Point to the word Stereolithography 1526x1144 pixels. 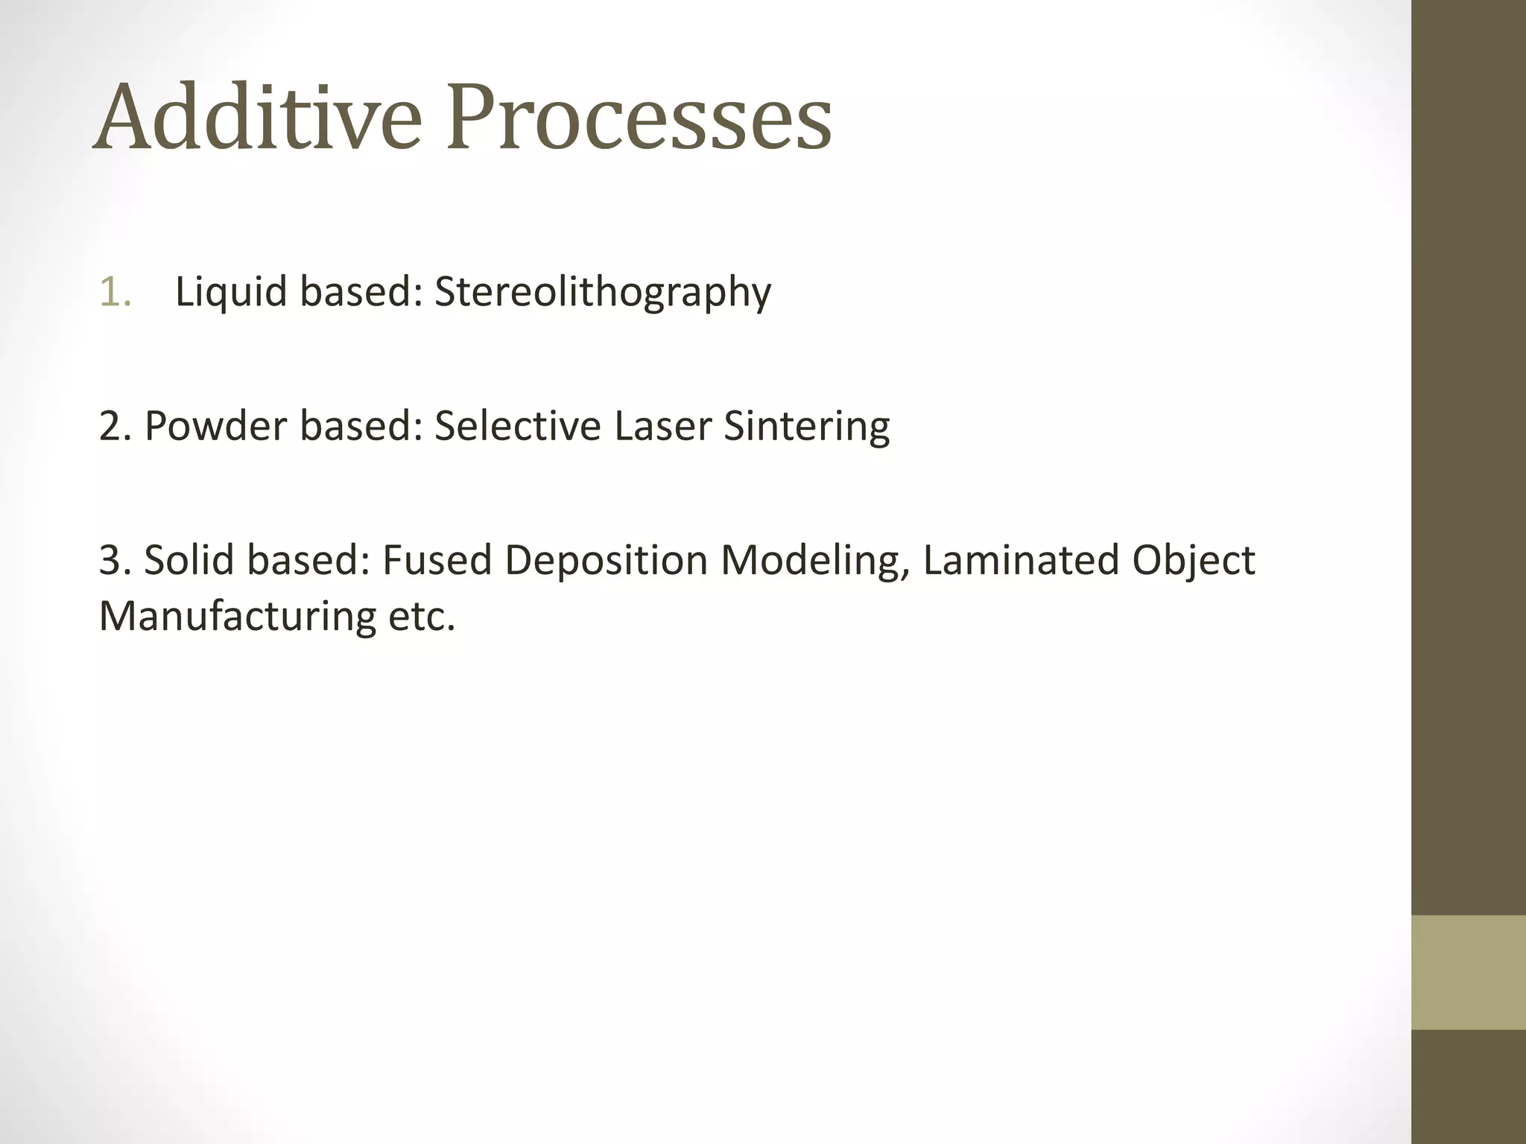pyautogui.click(x=602, y=291)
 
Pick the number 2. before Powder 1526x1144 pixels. pyautogui.click(x=115, y=426)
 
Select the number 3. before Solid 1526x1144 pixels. pyautogui.click(x=115, y=560)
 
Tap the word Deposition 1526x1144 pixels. pyautogui.click(x=605, y=560)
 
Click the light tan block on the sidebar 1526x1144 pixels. pyautogui.click(x=1468, y=973)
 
